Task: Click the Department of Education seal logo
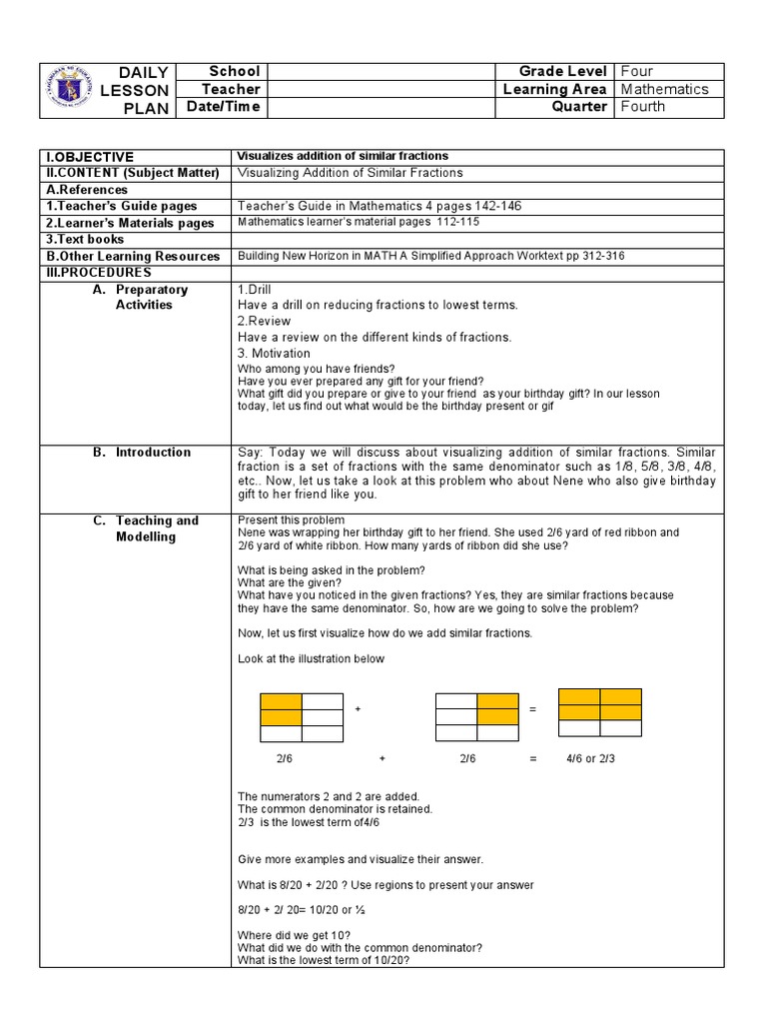tap(76, 89)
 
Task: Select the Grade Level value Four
tap(636, 71)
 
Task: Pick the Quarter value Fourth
tap(642, 107)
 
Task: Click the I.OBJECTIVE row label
tap(88, 157)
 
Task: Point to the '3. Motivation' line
tap(274, 354)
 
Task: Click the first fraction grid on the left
tap(302, 717)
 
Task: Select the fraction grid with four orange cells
tap(599, 711)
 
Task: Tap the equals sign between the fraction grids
tap(532, 709)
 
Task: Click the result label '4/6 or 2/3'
tap(590, 759)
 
